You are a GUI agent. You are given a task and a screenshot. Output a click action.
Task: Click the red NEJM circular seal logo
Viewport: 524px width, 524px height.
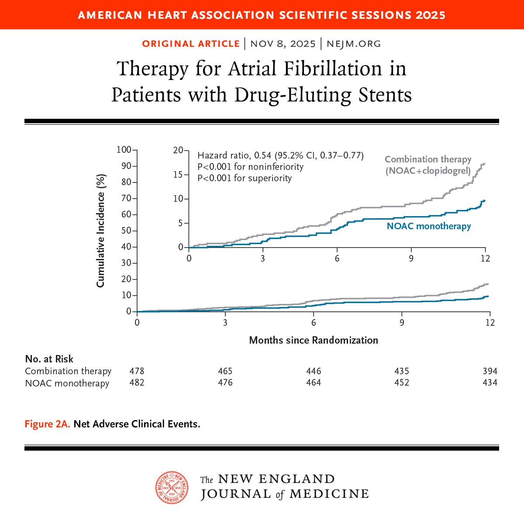coord(172,487)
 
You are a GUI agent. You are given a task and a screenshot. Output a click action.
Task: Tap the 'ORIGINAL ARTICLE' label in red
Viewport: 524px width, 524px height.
coord(191,44)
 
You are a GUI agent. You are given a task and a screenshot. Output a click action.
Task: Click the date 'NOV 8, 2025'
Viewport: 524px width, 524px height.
coord(283,44)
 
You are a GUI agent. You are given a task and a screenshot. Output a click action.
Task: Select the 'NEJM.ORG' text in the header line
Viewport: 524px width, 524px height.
coord(354,44)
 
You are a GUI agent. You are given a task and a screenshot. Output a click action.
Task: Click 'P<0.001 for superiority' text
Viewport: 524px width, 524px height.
coord(245,178)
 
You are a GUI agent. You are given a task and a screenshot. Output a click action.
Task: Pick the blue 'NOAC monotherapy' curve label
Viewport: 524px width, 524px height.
coord(429,226)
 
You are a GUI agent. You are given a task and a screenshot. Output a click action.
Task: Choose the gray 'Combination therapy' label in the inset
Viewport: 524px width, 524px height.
coord(428,159)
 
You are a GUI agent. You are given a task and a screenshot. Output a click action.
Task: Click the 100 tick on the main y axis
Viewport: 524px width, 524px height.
coord(124,150)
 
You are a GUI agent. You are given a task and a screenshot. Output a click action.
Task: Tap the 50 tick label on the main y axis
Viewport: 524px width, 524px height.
coord(126,231)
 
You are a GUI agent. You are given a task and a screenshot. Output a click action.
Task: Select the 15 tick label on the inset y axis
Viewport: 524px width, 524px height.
coord(178,175)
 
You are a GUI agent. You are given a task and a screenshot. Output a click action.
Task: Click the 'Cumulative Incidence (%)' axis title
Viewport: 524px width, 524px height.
coord(101,231)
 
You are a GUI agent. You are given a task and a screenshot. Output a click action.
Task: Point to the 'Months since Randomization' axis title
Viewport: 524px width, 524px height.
coord(314,340)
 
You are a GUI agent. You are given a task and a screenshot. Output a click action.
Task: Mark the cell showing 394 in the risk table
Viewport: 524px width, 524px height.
coord(490,371)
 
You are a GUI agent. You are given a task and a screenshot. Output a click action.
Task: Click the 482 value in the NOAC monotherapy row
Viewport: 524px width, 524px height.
coord(137,383)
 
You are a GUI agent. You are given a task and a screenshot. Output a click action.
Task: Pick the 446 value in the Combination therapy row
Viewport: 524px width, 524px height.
coord(314,371)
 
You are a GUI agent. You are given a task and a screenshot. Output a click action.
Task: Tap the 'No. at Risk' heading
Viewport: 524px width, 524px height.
coord(49,359)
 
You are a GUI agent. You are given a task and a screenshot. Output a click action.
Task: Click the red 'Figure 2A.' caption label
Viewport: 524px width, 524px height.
coord(47,424)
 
